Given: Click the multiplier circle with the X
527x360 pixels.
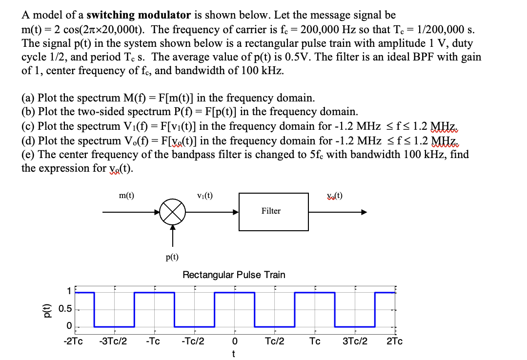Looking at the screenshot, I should click(x=172, y=213).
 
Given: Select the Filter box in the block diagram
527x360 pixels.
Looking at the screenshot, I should click(x=273, y=211).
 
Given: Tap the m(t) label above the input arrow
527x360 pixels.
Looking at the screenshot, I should click(x=127, y=196).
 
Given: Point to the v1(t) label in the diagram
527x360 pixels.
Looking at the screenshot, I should click(x=204, y=196).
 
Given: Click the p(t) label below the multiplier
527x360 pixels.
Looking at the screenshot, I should click(x=172, y=257).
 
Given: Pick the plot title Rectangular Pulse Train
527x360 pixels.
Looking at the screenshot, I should click(x=234, y=275).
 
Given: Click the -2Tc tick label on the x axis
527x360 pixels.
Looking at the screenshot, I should click(x=73, y=341).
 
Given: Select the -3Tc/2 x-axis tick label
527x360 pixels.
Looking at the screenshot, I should click(x=113, y=341).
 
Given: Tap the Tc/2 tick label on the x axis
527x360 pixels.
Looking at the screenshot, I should click(x=275, y=341).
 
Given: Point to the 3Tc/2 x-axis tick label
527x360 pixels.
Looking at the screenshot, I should click(x=355, y=341).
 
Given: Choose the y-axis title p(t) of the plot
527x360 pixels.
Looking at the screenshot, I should click(x=48, y=309).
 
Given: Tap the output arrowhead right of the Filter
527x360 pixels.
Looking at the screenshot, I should click(x=363, y=213).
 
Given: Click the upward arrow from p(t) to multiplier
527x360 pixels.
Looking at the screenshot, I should click(x=172, y=236).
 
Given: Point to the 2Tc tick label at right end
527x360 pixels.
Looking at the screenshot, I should click(x=394, y=341).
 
